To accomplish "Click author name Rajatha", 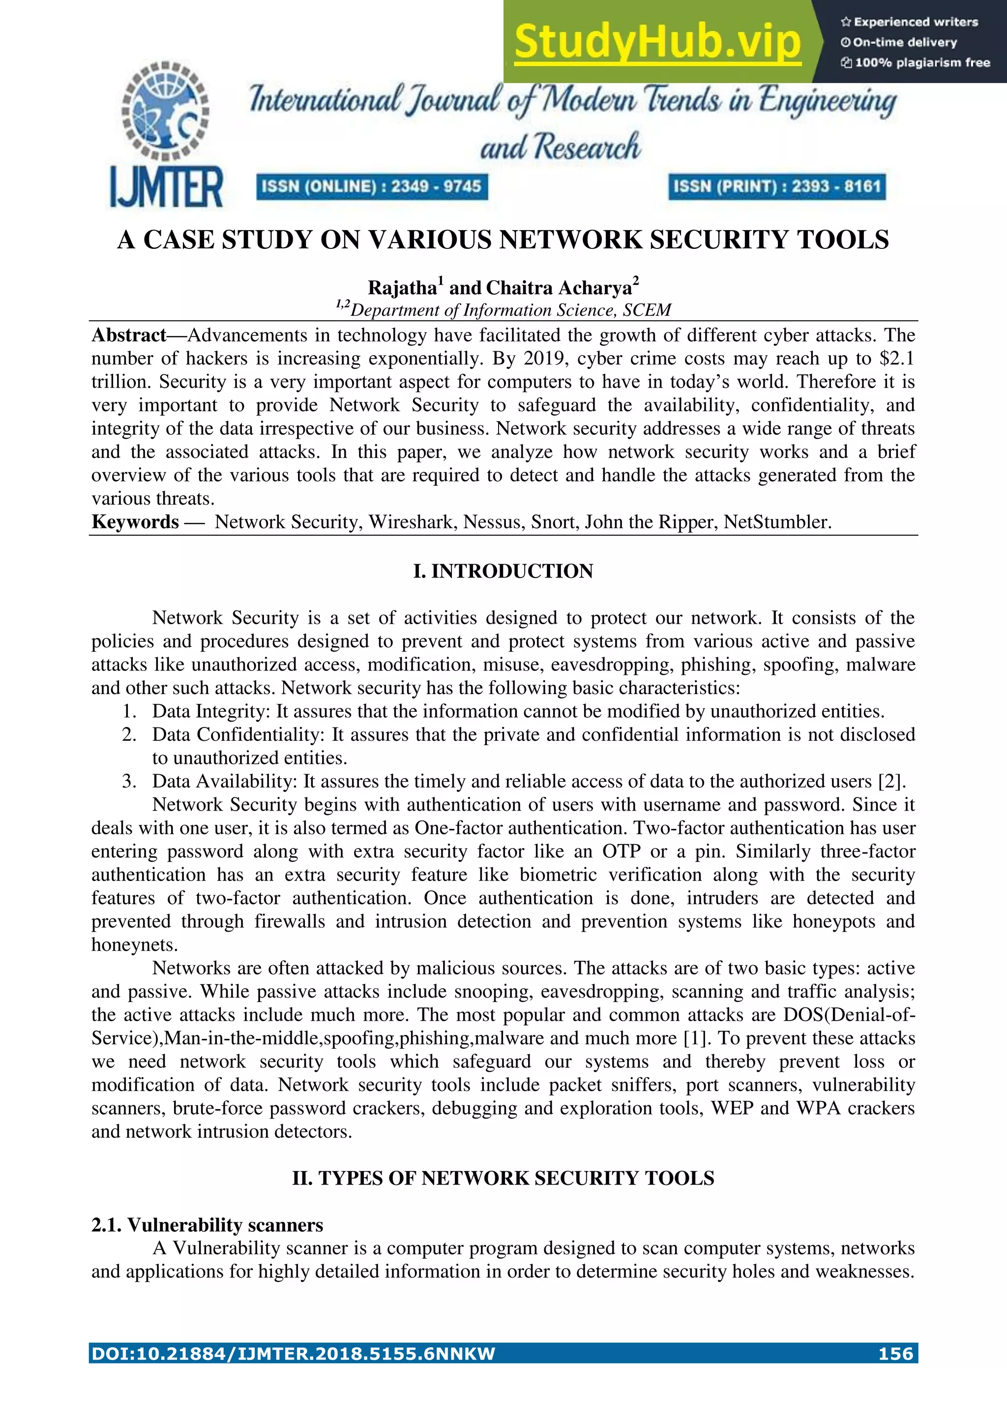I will [402, 288].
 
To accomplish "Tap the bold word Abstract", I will [128, 335].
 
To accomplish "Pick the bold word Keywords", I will [135, 521].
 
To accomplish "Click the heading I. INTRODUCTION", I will [503, 571].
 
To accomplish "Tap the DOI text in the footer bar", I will [293, 1353].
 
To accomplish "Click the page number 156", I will [895, 1353].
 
